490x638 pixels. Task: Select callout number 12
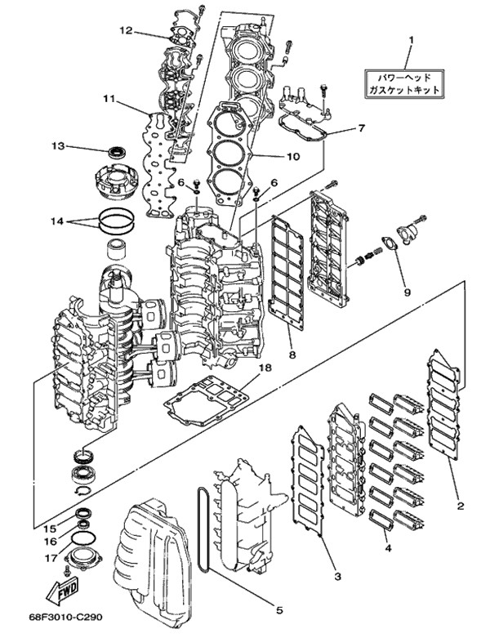coord(124,30)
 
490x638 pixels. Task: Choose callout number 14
coord(56,221)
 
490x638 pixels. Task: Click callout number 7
coord(361,128)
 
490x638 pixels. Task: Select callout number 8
coord(292,355)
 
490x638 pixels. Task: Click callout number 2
coord(461,506)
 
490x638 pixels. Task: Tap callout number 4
coord(389,549)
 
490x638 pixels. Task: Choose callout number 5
coord(278,609)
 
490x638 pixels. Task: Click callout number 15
coord(49,528)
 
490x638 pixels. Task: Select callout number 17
coord(49,559)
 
